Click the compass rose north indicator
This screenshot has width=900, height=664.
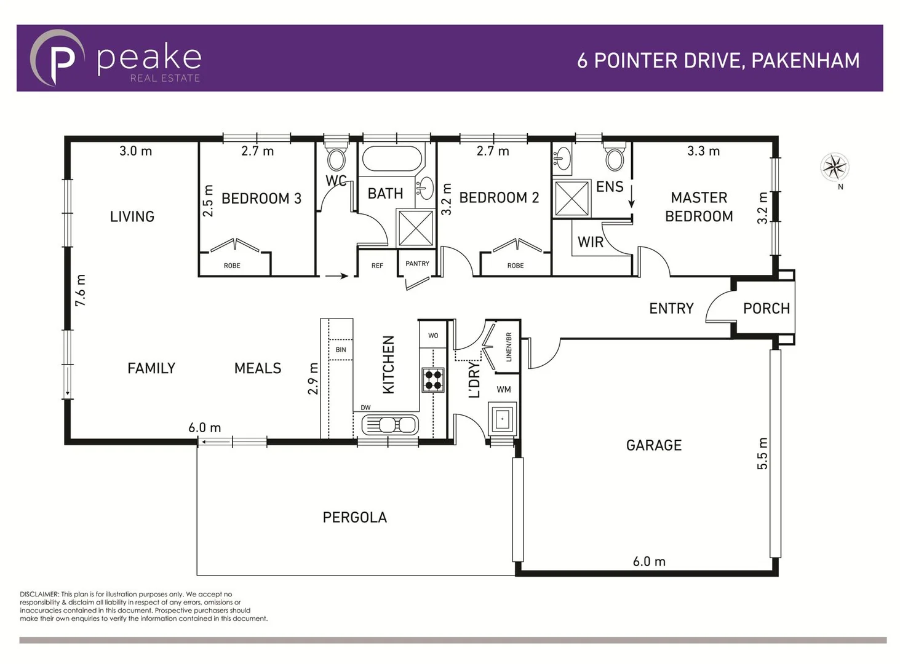point(834,167)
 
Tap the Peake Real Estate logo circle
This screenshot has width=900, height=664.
point(57,58)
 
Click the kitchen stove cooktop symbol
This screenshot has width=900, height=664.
point(433,379)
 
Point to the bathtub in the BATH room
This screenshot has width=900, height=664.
point(392,159)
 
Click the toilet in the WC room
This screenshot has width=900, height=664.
point(336,159)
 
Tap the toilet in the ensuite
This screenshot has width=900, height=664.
point(614,159)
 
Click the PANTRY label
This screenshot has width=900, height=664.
point(417,264)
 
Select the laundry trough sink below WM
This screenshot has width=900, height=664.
point(502,419)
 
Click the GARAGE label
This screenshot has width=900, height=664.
point(653,445)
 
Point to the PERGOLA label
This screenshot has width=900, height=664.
point(354,518)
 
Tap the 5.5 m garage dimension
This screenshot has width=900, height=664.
point(762,454)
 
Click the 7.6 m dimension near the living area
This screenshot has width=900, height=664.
point(81,291)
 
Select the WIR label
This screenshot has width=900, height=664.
point(590,242)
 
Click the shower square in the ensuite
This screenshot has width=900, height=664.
point(571,198)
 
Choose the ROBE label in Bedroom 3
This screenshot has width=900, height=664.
point(232,266)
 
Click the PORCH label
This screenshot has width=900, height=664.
point(766,309)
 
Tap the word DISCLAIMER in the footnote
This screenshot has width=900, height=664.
point(39,595)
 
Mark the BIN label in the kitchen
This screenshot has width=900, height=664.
point(341,350)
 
